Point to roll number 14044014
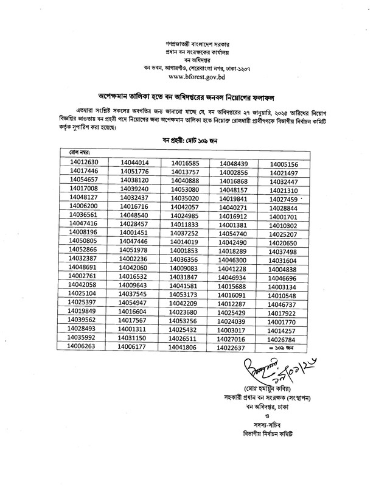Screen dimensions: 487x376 134,163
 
